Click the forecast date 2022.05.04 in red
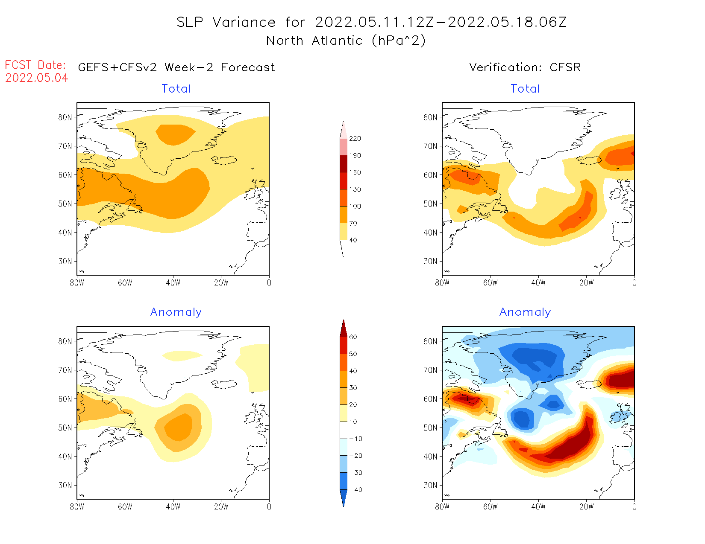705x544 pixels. click(37, 78)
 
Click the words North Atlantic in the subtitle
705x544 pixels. click(314, 41)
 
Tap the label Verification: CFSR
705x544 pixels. click(525, 67)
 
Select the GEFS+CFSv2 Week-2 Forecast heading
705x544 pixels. click(176, 67)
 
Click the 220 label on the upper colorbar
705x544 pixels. click(355, 139)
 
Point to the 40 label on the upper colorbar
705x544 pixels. click(353, 240)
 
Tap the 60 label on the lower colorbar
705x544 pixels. click(353, 337)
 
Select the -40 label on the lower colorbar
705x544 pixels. click(355, 490)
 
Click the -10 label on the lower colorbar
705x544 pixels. click(355, 439)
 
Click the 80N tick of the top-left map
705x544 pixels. click(65, 117)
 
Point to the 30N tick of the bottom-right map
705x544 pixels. click(431, 485)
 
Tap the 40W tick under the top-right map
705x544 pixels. click(538, 282)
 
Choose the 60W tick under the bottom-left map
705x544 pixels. click(125, 506)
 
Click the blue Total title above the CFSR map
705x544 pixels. click(525, 89)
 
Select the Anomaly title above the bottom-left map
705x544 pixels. click(176, 312)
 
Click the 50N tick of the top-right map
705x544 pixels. click(431, 204)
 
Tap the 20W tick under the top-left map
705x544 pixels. click(221, 282)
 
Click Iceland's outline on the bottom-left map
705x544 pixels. click(224, 384)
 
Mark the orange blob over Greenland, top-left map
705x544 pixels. click(175, 134)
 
